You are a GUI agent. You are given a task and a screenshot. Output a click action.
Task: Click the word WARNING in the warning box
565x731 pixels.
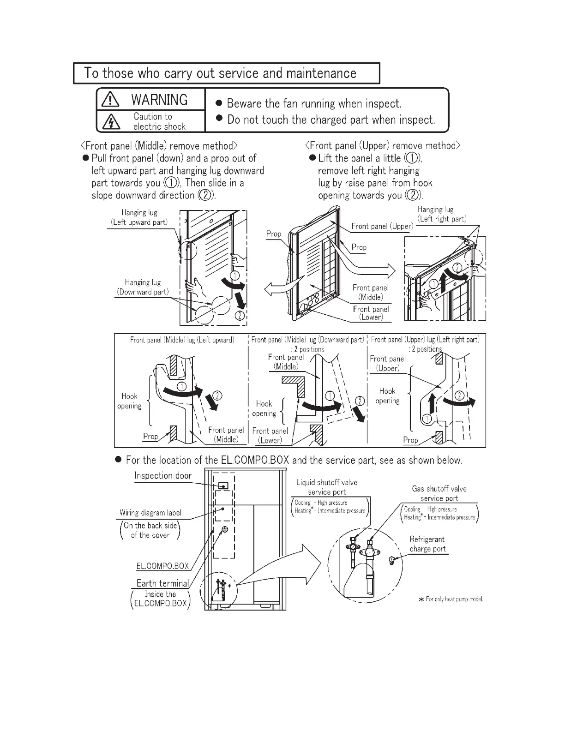159,100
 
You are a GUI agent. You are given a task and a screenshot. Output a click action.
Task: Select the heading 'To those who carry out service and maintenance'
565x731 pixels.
220,73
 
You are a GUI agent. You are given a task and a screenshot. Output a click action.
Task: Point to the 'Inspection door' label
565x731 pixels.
162,476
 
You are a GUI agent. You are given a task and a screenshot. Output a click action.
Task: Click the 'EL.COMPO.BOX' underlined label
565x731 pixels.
162,566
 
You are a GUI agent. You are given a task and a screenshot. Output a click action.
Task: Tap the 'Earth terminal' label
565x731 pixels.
162,583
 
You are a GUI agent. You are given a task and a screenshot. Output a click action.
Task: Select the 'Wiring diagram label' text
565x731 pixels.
150,513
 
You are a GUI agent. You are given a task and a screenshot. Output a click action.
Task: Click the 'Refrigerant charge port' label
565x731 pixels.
427,544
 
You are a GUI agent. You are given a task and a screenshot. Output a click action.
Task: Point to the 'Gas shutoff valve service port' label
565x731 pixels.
439,493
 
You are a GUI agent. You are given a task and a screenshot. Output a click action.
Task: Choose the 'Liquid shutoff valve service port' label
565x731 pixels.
327,487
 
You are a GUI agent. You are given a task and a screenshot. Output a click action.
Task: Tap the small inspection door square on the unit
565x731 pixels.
223,486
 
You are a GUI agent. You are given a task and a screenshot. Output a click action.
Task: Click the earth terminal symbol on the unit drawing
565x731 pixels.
225,530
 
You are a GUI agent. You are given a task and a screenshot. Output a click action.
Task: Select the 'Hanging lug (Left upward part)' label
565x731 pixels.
139,217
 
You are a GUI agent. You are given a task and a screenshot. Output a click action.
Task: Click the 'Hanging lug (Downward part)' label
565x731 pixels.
143,287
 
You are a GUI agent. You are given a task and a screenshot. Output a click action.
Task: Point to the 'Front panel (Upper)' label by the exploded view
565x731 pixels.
382,226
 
